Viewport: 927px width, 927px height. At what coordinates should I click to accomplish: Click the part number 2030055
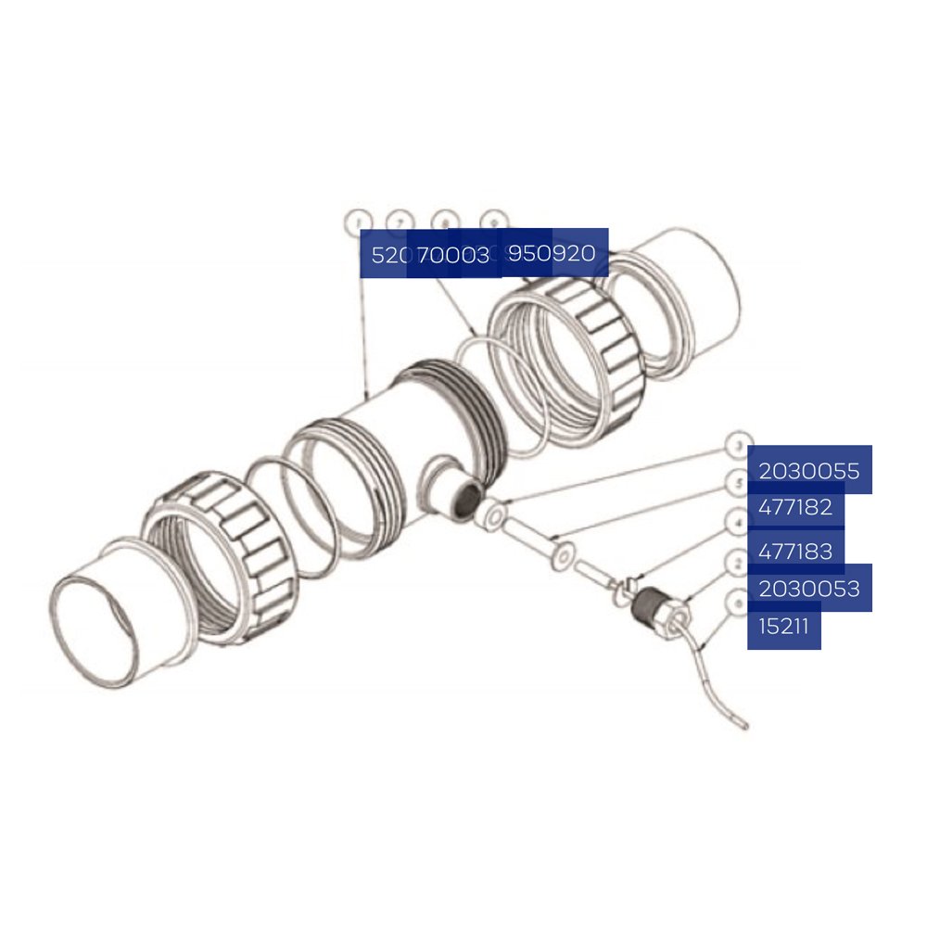click(x=809, y=471)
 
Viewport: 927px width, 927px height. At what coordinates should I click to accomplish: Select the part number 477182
click(x=795, y=508)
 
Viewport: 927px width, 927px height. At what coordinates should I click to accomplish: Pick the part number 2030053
click(x=809, y=588)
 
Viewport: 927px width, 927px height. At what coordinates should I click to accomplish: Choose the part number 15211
click(x=783, y=626)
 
